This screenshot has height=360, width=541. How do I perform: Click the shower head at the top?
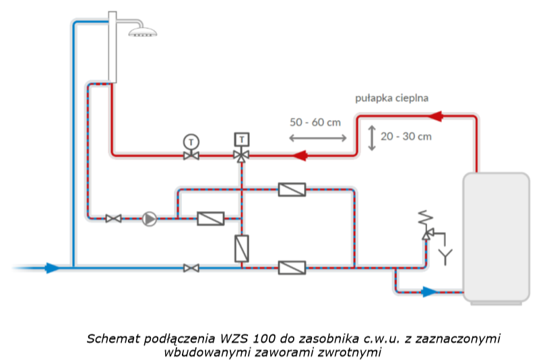tap(144, 31)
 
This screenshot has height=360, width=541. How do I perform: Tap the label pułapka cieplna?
tap(391, 98)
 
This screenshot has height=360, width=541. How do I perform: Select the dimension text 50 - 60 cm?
tap(315, 122)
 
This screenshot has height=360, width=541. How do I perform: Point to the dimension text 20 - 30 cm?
tap(406, 136)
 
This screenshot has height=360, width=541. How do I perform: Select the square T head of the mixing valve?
tap(241, 140)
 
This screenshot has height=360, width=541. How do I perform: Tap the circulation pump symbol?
tap(149, 218)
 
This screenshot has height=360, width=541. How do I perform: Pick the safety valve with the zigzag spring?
tap(426, 226)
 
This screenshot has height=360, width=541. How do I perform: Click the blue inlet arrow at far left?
tap(52, 268)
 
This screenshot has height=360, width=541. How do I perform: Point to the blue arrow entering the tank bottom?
tap(429, 292)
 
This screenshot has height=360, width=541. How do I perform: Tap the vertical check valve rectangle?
tap(241, 247)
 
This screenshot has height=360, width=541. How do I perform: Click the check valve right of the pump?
tap(210, 218)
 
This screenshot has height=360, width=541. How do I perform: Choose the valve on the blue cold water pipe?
tap(192, 268)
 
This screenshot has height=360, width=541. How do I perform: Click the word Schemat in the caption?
tap(111, 337)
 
